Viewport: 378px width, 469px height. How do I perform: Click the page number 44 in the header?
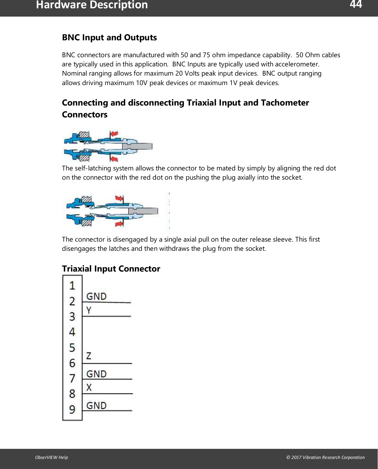click(355, 4)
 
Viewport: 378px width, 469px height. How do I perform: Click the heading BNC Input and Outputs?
click(109, 38)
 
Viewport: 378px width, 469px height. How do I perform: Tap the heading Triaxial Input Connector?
click(111, 269)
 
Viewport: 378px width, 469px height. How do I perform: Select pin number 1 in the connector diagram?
click(72, 285)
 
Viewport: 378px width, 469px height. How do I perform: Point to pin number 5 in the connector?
click(72, 347)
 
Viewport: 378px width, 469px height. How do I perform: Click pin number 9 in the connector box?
click(72, 409)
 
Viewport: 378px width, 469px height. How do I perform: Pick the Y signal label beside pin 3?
click(89, 310)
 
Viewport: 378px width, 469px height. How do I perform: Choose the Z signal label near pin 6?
click(89, 356)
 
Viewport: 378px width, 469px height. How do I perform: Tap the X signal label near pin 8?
click(89, 387)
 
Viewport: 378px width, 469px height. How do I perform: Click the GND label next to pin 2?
click(96, 296)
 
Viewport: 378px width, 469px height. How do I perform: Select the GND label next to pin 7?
click(96, 374)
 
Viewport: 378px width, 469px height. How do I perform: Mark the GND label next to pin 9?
click(96, 405)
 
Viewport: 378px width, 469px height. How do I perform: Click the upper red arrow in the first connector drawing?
click(114, 134)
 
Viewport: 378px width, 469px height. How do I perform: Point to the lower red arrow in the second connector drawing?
click(119, 223)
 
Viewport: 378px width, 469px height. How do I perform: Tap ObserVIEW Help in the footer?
click(52, 457)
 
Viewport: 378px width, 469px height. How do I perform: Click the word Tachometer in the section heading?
click(285, 103)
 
